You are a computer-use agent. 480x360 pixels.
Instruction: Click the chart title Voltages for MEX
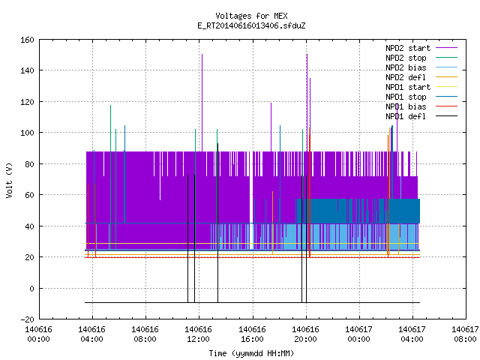[251, 16]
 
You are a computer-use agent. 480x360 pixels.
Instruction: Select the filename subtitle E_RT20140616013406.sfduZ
[251, 25]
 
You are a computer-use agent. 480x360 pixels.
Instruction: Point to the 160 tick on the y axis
[27, 40]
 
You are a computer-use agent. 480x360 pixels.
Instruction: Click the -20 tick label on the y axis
[27, 319]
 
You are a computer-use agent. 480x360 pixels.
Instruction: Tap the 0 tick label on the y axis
[31, 289]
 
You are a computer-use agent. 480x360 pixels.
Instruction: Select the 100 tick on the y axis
[27, 133]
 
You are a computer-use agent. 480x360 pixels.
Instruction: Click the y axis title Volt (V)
[9, 180]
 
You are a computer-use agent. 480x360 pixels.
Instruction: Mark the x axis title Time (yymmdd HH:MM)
[251, 353]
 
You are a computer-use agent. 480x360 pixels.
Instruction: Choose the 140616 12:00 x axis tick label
[198, 334]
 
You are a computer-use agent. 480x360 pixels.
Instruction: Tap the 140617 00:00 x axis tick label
[358, 334]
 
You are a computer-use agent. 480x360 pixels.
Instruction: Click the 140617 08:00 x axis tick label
[465, 334]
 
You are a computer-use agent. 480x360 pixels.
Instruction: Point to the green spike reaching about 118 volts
[110, 178]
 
